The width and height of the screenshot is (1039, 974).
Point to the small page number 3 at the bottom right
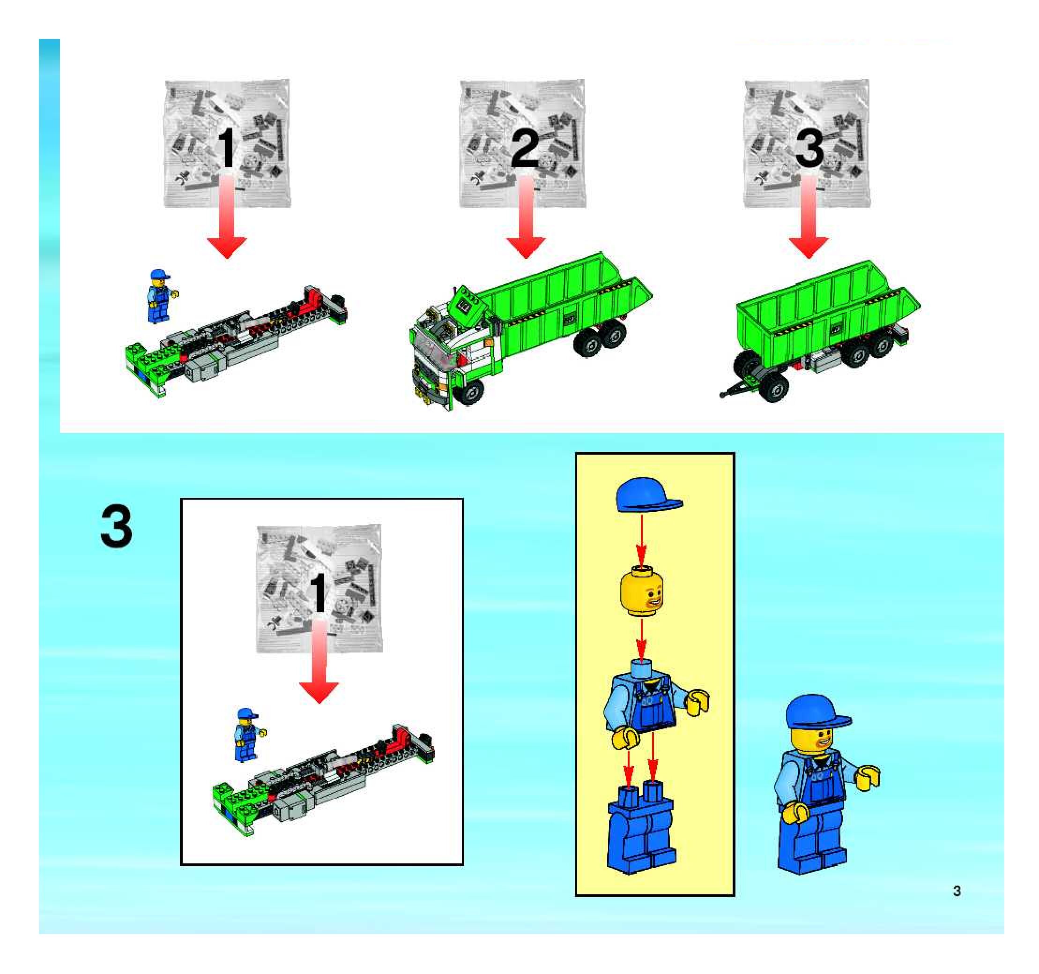point(957,891)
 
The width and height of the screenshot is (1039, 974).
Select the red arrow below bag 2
point(527,217)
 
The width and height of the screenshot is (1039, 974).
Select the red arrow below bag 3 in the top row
point(809,217)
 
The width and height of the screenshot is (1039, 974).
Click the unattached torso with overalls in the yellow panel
point(653,703)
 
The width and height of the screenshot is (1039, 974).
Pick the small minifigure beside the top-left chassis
point(162,296)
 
